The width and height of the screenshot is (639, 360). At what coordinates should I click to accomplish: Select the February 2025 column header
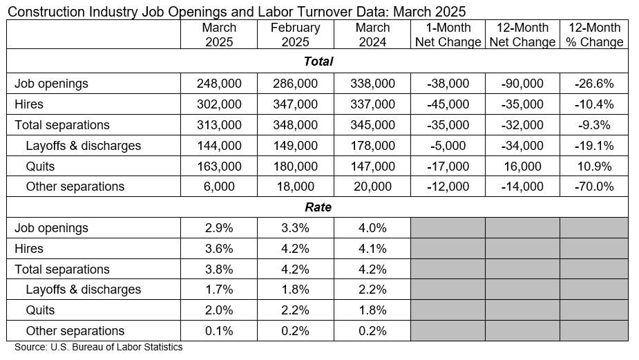click(x=295, y=35)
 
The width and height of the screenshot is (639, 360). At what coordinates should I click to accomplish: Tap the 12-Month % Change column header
click(x=594, y=35)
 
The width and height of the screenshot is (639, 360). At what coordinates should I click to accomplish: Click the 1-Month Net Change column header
click(x=448, y=35)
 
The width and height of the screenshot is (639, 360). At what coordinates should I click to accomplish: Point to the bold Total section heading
click(x=318, y=61)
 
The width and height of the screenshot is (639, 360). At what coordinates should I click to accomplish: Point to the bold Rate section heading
click(x=318, y=207)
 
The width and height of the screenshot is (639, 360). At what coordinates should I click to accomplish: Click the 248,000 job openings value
click(x=219, y=84)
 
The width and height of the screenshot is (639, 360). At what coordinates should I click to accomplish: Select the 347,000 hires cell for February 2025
click(x=295, y=104)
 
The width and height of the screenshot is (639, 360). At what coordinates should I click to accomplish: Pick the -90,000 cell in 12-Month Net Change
click(x=522, y=84)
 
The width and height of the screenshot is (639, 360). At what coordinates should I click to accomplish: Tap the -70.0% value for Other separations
click(x=594, y=187)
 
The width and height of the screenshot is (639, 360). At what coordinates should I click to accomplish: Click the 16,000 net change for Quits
click(x=522, y=167)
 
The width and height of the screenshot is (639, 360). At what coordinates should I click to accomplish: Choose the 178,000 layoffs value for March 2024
click(x=373, y=146)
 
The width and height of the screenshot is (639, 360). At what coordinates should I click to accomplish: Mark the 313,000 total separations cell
click(x=219, y=125)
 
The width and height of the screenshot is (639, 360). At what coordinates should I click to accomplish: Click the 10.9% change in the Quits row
click(x=594, y=167)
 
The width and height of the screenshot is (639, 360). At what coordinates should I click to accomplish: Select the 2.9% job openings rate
click(x=219, y=228)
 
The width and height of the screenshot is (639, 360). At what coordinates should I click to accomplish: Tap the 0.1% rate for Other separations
click(x=219, y=331)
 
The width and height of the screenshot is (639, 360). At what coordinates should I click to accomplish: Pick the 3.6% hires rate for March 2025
click(x=219, y=249)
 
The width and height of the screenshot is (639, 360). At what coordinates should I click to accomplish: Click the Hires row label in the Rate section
click(x=29, y=249)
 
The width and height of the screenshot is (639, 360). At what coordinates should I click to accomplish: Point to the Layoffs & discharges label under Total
click(x=83, y=146)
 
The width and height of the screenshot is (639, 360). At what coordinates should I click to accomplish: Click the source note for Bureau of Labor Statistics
click(x=98, y=348)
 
